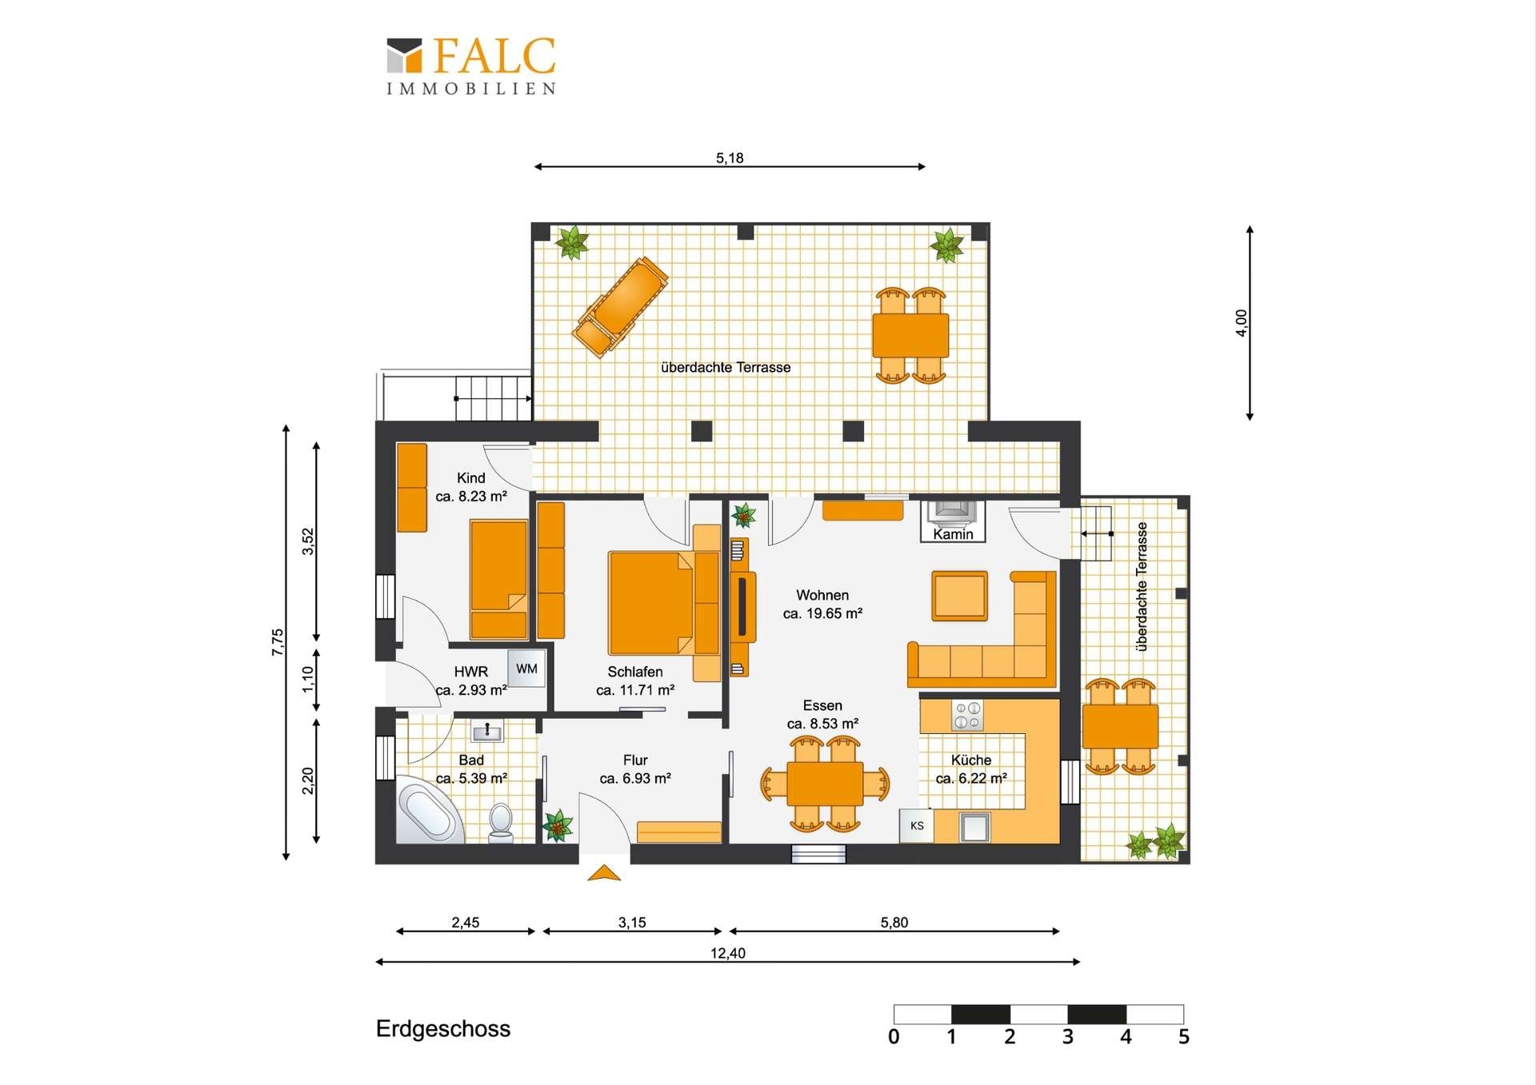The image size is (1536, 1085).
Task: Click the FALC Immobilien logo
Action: [471, 66]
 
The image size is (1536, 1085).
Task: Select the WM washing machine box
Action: [526, 669]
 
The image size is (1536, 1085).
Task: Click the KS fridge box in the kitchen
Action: [917, 826]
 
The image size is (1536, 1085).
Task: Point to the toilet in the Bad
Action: [501, 824]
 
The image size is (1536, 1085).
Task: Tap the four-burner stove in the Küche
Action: [967, 715]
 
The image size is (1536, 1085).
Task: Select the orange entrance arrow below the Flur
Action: [604, 872]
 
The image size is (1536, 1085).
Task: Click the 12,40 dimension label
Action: [728, 953]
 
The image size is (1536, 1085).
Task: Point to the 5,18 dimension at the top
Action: [730, 158]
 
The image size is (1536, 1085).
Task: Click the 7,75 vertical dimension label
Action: [278, 643]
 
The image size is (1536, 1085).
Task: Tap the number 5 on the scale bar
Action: [1184, 1037]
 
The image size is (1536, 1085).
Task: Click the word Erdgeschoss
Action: [443, 1029]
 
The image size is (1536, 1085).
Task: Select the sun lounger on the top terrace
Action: [621, 305]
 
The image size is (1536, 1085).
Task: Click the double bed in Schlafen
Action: [653, 603]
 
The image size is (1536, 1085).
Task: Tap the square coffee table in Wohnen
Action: [959, 596]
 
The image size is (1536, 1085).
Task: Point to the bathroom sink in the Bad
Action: [487, 731]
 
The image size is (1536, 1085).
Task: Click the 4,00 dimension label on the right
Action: [1241, 323]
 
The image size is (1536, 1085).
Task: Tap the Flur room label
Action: [635, 760]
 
